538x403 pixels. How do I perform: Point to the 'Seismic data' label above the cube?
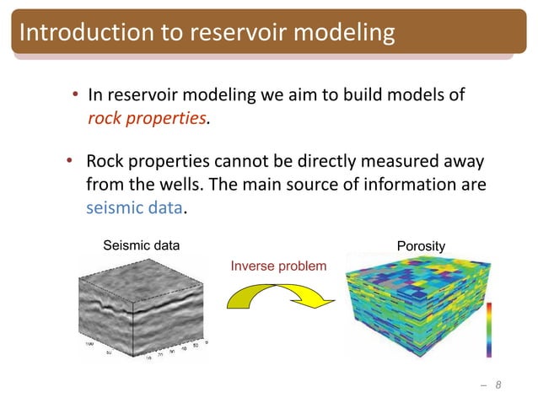(141, 246)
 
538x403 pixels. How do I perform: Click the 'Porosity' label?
(420, 246)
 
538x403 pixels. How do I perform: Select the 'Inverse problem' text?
(277, 266)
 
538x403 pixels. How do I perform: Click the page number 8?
(498, 385)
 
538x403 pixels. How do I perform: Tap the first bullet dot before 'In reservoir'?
(75, 95)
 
